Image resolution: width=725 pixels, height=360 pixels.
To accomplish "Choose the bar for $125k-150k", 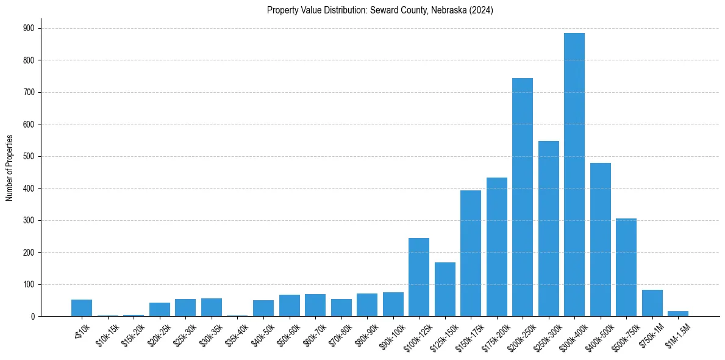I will (x=445, y=289).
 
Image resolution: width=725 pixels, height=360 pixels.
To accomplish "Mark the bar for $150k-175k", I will (x=471, y=253).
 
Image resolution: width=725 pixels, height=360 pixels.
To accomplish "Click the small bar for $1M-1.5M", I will (x=678, y=314).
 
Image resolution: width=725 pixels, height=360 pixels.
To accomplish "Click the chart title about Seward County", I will (x=380, y=10).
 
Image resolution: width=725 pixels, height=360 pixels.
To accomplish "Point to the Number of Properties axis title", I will (x=10, y=168).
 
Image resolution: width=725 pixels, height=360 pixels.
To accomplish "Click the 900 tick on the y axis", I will (x=29, y=28).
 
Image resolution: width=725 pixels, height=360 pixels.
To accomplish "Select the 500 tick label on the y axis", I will (x=29, y=156).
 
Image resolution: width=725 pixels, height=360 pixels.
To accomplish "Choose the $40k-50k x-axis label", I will (x=263, y=335).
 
